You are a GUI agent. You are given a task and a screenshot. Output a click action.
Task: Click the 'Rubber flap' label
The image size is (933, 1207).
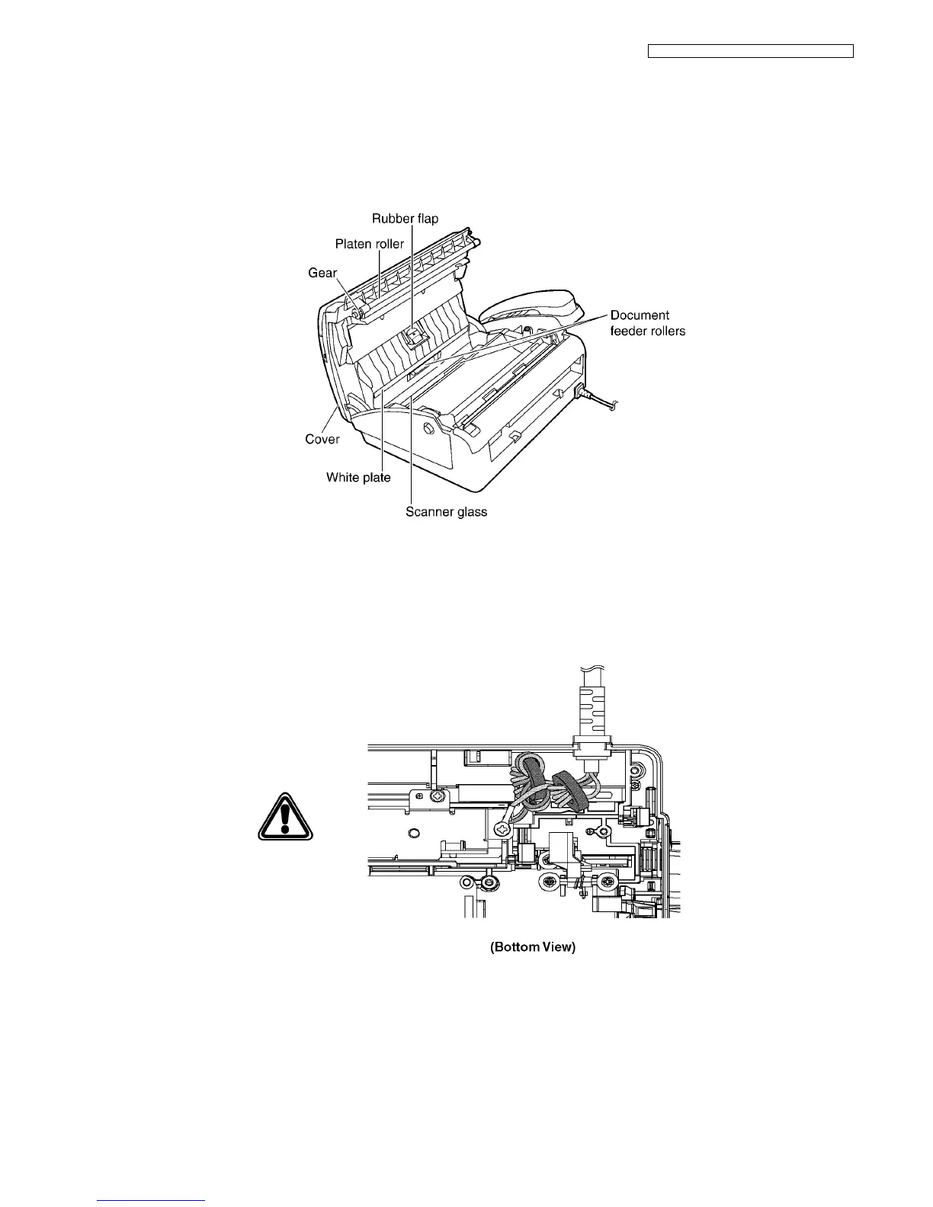(x=405, y=219)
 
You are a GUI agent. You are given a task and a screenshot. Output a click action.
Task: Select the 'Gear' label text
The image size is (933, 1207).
(x=322, y=272)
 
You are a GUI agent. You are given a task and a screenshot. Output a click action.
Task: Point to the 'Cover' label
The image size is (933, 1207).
(x=322, y=440)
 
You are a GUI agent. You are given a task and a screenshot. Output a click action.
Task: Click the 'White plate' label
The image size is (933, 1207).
(x=358, y=478)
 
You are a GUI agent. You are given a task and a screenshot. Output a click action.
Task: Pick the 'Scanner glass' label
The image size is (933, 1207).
(x=446, y=512)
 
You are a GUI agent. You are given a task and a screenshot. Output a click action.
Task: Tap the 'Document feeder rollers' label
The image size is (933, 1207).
(x=647, y=323)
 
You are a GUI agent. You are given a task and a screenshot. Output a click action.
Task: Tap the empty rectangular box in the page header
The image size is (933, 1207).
(x=750, y=52)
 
